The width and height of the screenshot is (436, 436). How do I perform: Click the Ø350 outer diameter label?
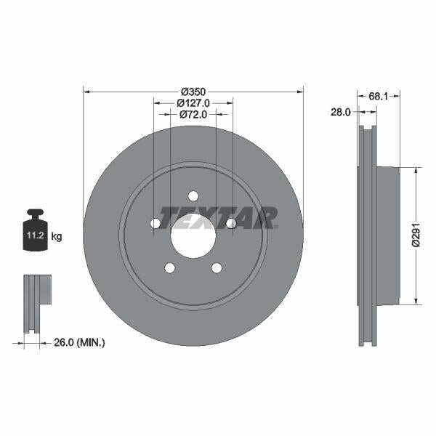click(193, 92)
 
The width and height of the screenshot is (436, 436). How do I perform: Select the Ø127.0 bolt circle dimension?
click(193, 103)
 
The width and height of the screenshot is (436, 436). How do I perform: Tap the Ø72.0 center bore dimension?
click(193, 114)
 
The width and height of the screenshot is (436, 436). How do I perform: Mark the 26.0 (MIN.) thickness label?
click(80, 342)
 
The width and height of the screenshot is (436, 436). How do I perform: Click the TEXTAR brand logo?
click(219, 217)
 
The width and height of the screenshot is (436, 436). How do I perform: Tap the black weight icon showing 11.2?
click(36, 233)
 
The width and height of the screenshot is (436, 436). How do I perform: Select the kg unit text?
click(57, 237)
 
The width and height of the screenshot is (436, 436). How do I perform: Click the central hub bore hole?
click(193, 235)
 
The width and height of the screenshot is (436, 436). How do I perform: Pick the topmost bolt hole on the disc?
click(193, 195)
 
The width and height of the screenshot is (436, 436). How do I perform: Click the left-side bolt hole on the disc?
click(156, 223)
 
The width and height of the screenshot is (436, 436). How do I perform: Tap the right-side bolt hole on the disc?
click(231, 223)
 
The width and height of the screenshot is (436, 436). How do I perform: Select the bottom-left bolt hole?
click(170, 268)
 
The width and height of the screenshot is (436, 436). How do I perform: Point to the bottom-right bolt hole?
click(217, 268)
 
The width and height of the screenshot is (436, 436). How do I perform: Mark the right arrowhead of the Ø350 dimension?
click(299, 92)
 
